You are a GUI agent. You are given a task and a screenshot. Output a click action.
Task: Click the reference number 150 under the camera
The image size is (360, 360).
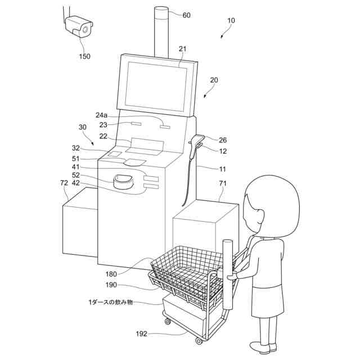point(85,56)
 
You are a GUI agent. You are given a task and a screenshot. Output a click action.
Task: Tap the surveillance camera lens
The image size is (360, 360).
point(86,28)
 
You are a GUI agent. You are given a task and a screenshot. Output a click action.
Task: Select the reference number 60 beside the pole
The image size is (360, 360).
point(186,15)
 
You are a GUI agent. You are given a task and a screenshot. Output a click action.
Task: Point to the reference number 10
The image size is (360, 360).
point(231,20)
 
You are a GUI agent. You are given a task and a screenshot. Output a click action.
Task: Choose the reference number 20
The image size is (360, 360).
point(214,80)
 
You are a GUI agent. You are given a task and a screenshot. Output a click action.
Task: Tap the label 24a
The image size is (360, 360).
point(102,115)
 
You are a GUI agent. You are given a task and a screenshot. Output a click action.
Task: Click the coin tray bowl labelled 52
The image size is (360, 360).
point(124,181)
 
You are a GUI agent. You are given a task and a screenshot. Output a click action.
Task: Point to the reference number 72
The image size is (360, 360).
point(64,183)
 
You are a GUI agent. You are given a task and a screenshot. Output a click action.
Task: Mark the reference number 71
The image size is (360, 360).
point(224,183)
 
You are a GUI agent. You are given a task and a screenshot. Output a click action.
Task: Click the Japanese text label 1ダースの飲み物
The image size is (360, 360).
point(110,302)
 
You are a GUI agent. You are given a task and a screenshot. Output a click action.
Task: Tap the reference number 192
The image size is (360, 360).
point(141,334)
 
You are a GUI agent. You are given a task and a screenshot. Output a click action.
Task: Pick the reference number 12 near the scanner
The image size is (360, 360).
point(223,151)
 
